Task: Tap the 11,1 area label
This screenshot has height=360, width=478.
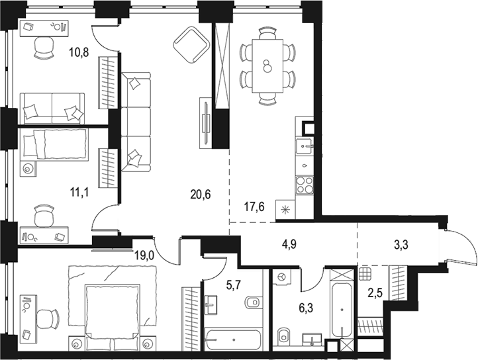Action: (x=80, y=193)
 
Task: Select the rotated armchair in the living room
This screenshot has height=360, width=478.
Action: (x=190, y=44)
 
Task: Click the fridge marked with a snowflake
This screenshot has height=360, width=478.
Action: (x=286, y=210)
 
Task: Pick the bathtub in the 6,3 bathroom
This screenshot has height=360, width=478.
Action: (x=342, y=311)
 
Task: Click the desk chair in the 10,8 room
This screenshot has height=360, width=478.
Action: (x=44, y=46)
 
